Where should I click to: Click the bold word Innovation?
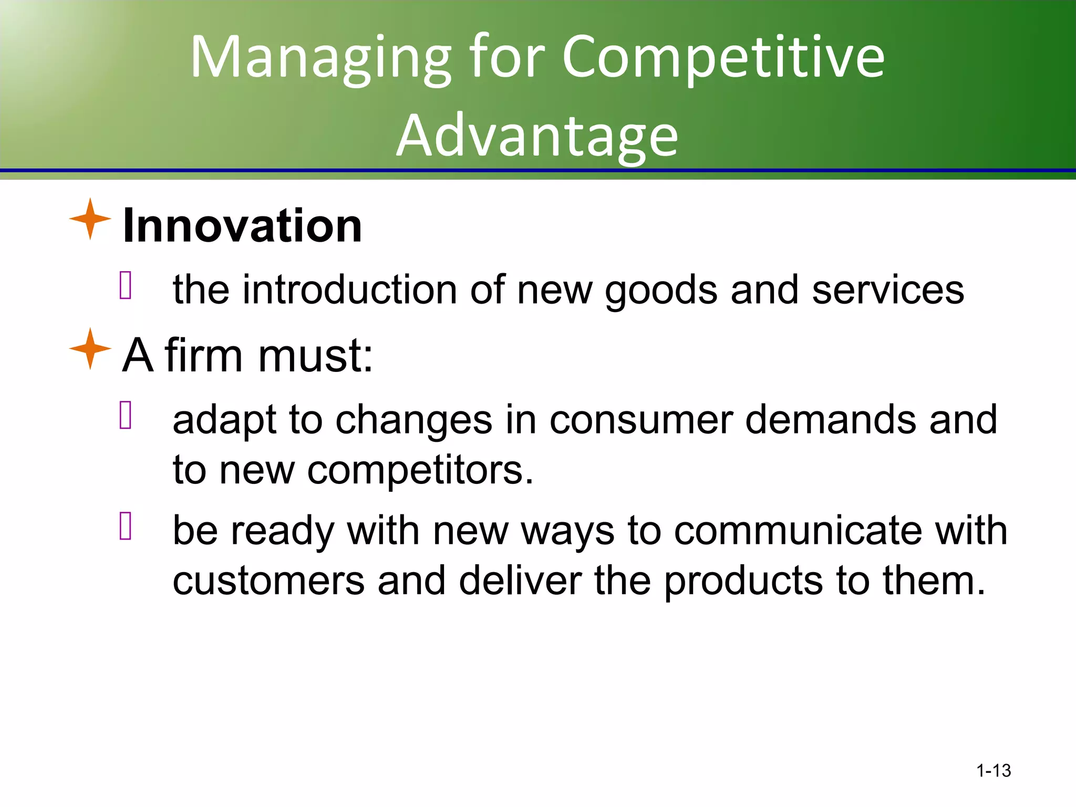point(242,226)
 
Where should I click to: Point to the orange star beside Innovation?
point(90,219)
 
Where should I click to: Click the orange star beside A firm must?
point(90,349)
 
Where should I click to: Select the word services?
point(888,290)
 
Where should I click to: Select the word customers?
point(268,581)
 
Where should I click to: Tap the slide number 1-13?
point(993,771)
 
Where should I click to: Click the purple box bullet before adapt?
point(126,416)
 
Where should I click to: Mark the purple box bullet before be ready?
point(126,526)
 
